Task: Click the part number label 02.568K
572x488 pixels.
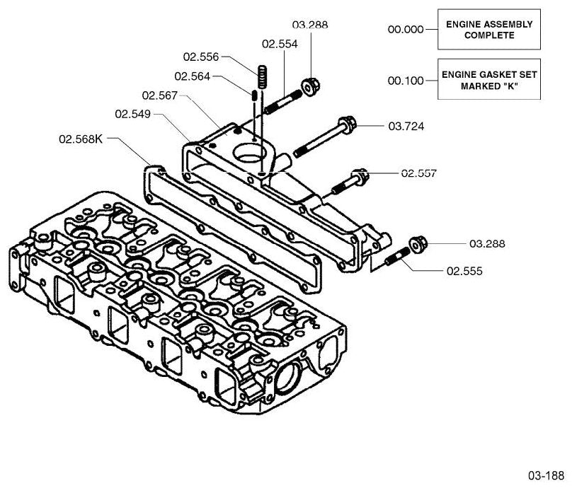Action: pos(81,139)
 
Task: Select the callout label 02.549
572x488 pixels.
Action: pos(133,114)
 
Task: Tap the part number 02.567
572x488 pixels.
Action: pos(160,95)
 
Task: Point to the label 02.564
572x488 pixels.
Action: pos(193,76)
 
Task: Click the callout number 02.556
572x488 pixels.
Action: pos(201,57)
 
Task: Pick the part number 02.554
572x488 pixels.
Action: pos(280,44)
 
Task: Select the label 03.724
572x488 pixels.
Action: pos(406,127)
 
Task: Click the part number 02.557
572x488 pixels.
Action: pos(419,173)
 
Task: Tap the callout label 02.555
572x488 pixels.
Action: pos(464,271)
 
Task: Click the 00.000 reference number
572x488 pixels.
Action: pos(406,29)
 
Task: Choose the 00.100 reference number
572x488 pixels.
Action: pos(406,81)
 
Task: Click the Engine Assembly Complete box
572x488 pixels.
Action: pos(489,30)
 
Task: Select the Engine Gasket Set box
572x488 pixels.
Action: pos(489,79)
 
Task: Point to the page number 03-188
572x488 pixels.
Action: pos(546,475)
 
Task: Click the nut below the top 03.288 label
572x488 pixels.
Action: pos(311,86)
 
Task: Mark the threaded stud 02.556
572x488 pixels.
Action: pos(262,76)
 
